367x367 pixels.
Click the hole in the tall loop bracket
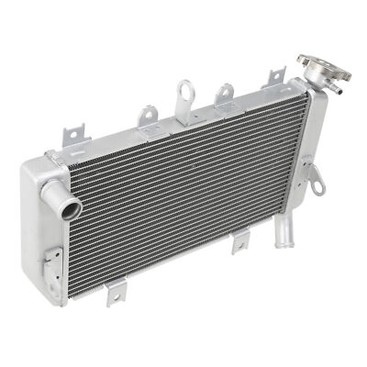tap(186, 91)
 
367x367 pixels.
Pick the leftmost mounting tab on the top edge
tap(70, 136)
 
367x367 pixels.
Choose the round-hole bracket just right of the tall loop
tap(223, 94)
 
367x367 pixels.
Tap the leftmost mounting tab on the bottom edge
tap(114, 294)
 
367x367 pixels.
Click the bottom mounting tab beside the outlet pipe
tap(240, 244)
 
